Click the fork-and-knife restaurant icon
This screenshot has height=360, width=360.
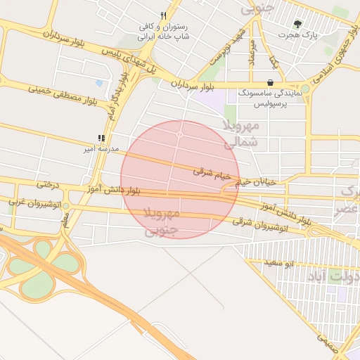[x=163, y=15]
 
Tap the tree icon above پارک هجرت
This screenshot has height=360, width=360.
[x=298, y=23]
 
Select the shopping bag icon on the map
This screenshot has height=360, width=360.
[x=270, y=82]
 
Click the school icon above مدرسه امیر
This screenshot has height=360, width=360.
[x=101, y=139]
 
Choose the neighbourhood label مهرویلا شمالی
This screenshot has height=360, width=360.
[x=241, y=134]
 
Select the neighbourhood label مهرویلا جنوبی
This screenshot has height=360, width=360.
[x=162, y=220]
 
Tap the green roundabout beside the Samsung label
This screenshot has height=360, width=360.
[x=305, y=89]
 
